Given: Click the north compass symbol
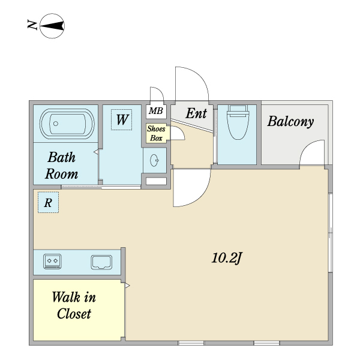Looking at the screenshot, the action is [x=52, y=26].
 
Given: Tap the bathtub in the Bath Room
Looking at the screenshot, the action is [x=67, y=124].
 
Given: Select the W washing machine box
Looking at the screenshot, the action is [x=121, y=119].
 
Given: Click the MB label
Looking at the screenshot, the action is [x=156, y=111].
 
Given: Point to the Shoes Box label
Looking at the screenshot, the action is [x=156, y=133].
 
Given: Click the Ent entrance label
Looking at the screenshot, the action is [x=196, y=113].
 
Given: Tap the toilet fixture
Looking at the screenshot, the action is [x=238, y=122].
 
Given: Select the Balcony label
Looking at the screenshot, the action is [x=290, y=122].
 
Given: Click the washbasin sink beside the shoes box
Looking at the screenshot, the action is [x=154, y=160].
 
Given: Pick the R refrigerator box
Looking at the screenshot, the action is [x=48, y=202].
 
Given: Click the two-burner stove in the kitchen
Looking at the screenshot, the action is [x=52, y=261].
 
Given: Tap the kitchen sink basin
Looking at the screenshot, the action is [x=102, y=262].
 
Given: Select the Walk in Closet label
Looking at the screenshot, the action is [x=74, y=305].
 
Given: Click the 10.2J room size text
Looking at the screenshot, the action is [x=227, y=258].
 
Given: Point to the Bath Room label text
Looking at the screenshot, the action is [x=62, y=166].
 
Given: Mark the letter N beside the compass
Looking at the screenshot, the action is [x=32, y=25].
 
